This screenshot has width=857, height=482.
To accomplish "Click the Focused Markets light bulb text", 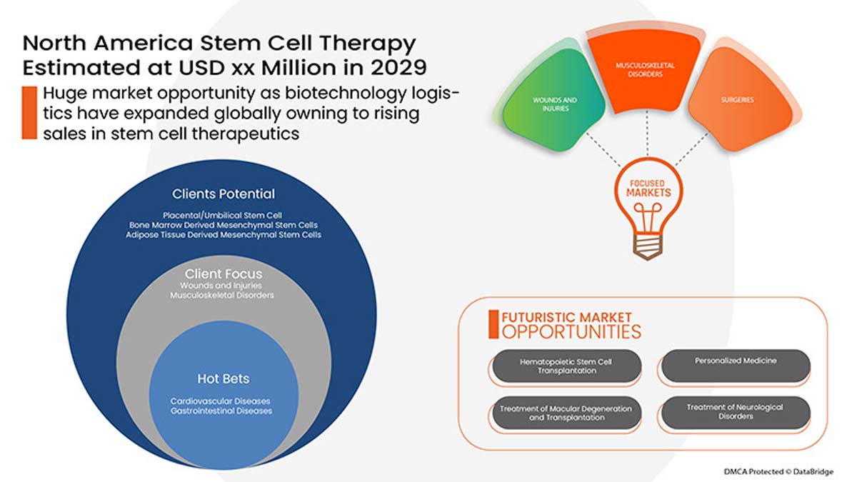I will pyautogui.click(x=648, y=189).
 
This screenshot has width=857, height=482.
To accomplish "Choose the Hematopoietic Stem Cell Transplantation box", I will pyautogui.click(x=566, y=366).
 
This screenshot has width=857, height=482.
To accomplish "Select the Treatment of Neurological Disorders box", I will pyautogui.click(x=736, y=412).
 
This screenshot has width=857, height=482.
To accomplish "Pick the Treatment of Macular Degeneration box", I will pyautogui.click(x=566, y=413).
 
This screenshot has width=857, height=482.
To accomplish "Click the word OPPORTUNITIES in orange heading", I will pyautogui.click(x=571, y=331).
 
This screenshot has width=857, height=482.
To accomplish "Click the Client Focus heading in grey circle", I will pyautogui.click(x=223, y=274).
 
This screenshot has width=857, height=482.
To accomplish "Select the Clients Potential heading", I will pyautogui.click(x=223, y=194).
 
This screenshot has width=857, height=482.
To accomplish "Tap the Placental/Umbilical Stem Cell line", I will pyautogui.click(x=223, y=215).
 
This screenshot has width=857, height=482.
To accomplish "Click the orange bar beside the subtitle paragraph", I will pyautogui.click(x=29, y=113).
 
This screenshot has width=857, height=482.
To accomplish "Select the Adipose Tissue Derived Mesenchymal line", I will pyautogui.click(x=223, y=234).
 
